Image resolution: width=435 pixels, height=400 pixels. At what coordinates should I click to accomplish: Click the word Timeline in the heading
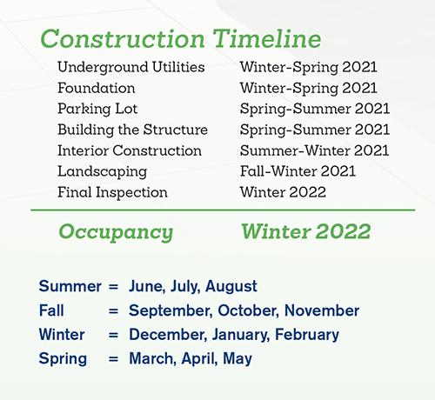(x=267, y=39)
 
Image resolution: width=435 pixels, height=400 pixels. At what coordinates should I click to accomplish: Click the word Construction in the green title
(x=123, y=39)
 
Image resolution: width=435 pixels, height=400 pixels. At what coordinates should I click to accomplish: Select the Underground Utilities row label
(x=131, y=68)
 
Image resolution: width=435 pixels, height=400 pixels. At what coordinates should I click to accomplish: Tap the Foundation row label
(x=97, y=88)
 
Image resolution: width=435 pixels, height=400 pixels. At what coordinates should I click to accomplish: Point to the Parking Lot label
(x=97, y=110)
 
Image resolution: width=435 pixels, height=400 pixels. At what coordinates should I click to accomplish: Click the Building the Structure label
(x=133, y=130)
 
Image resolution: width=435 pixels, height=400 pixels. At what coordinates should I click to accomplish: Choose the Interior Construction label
(x=130, y=150)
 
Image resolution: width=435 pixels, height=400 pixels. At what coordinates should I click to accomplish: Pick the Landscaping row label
(x=103, y=172)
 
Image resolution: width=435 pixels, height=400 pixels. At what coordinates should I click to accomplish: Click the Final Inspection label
(x=112, y=193)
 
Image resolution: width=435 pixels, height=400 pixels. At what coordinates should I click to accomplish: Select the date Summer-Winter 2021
(x=314, y=150)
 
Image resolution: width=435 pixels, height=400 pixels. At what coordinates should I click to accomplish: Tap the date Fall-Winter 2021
(x=298, y=171)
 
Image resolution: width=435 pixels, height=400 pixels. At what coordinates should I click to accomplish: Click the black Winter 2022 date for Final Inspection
(x=283, y=192)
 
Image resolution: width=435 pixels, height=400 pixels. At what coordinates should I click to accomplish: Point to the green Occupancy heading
(x=116, y=232)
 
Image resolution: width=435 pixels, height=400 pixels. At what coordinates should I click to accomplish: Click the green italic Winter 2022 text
(x=306, y=231)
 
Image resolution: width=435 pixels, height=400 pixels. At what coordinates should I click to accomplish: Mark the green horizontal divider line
(x=223, y=210)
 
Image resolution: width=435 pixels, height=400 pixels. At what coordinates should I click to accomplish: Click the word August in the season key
(x=231, y=287)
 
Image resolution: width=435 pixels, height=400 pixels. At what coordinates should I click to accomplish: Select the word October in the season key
(x=249, y=310)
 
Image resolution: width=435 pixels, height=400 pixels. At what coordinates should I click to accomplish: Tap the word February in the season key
(x=307, y=335)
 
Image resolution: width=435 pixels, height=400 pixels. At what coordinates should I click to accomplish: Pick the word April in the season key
(x=199, y=359)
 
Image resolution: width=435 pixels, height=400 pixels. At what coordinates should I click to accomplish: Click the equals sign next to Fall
(x=113, y=311)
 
